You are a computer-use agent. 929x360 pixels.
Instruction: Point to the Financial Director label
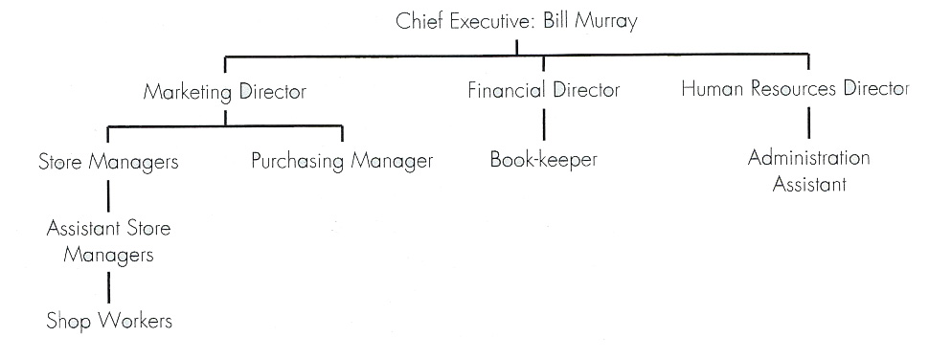point(544,92)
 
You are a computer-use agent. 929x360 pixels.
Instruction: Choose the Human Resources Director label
point(795,90)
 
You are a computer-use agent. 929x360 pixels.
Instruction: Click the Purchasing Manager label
point(342,161)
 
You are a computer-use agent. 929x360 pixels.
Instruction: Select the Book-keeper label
point(543,160)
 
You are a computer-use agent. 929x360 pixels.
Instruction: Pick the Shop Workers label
point(109,322)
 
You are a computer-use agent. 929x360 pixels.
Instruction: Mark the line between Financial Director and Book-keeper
point(544,125)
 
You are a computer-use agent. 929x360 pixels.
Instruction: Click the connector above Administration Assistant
point(809,123)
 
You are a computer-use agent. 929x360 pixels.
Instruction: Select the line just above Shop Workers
point(108,286)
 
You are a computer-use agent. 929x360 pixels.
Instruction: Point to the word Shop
point(68,322)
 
